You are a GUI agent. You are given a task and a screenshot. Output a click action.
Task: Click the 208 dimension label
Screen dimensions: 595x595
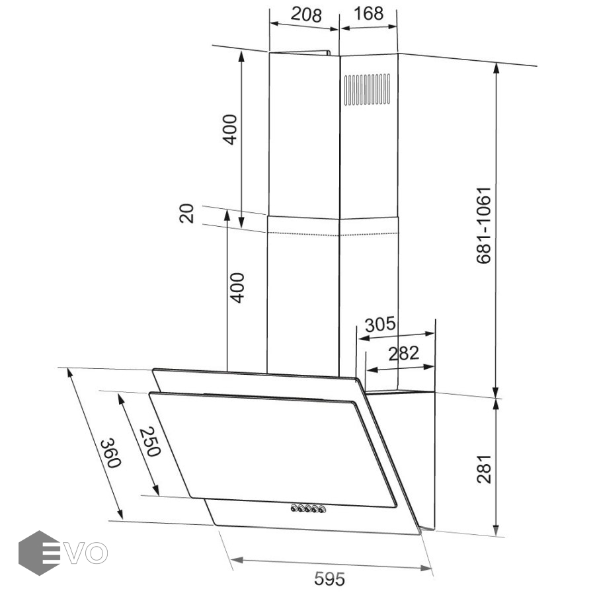[x=306, y=15]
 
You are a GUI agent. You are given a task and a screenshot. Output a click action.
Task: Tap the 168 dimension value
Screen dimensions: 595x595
[x=368, y=14]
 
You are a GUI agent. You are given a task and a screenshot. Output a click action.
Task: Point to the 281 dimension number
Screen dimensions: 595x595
[x=484, y=469]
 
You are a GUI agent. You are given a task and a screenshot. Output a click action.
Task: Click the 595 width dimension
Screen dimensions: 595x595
[x=330, y=578]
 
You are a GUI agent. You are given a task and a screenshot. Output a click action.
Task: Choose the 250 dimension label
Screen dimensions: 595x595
[x=150, y=442]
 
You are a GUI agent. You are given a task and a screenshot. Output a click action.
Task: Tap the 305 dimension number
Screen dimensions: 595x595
[x=380, y=325]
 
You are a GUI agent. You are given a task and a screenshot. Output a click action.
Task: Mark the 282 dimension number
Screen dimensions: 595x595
[x=404, y=353]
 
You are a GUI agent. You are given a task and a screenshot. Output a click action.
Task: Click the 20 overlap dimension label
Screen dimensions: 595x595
[x=186, y=214]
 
